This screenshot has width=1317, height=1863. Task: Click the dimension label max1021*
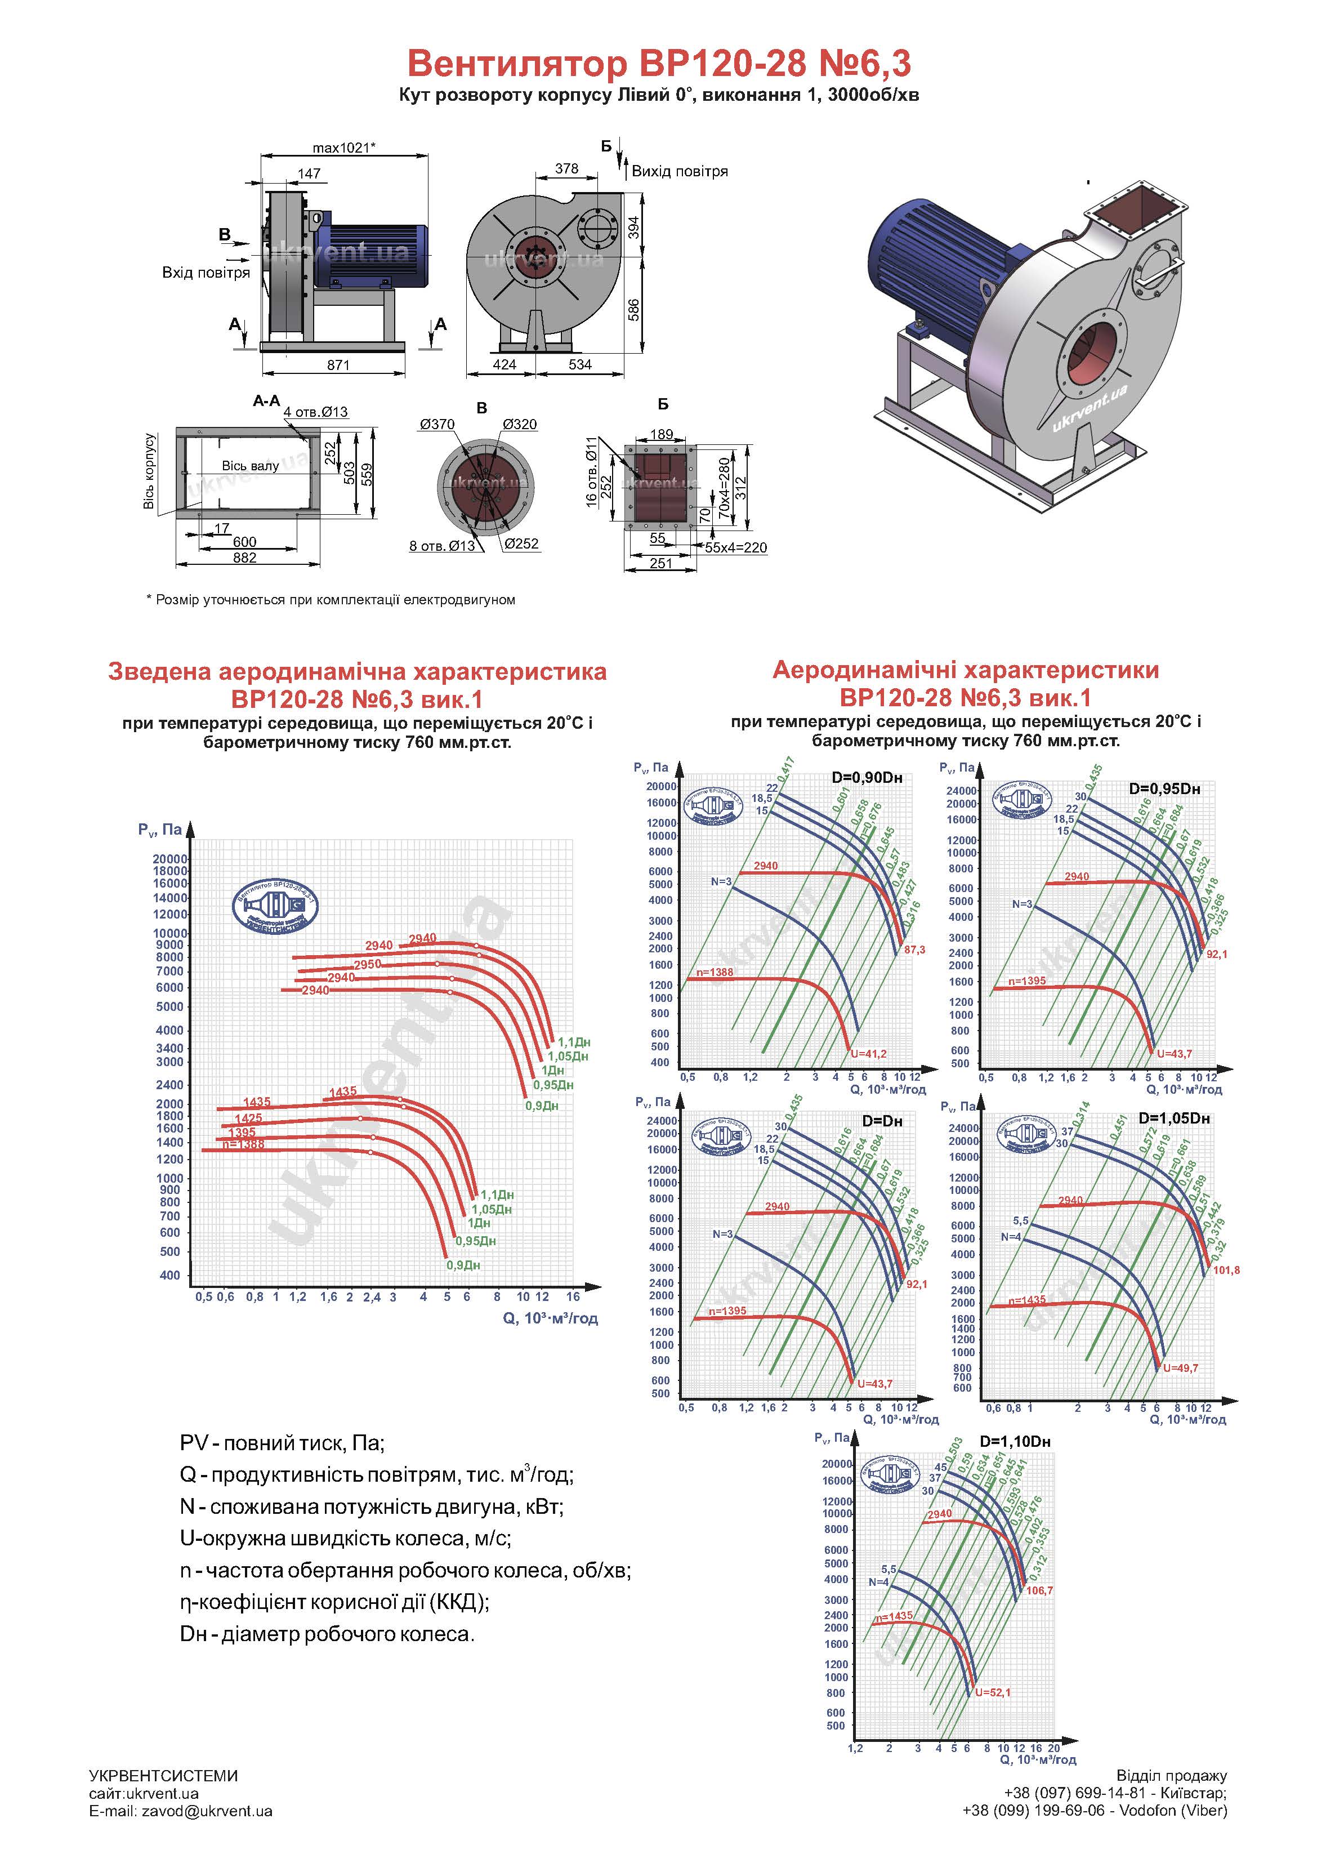tap(343, 148)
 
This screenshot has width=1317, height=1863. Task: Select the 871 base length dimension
tap(338, 365)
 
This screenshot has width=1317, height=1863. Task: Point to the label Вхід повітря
tap(206, 273)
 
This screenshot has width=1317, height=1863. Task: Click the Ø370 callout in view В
tap(437, 425)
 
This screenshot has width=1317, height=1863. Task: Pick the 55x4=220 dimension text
tap(735, 548)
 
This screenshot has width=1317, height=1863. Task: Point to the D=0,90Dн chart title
tap(867, 778)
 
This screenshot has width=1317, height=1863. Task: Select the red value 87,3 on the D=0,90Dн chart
tap(914, 950)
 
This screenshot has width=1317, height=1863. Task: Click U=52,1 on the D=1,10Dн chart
tap(993, 1692)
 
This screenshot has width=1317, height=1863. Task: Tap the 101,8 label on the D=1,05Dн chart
tap(1226, 1270)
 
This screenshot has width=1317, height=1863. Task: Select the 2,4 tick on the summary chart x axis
tap(372, 1296)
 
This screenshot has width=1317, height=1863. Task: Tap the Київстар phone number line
tap(1115, 1793)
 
